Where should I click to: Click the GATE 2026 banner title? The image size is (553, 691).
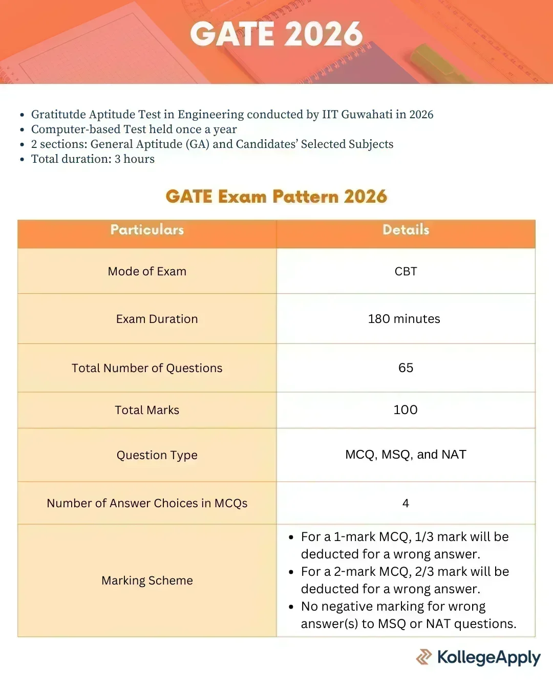[276, 35]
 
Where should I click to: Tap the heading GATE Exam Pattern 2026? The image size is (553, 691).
[276, 197]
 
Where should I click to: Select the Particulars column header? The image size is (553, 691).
[147, 230]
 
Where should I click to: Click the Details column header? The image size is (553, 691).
[406, 230]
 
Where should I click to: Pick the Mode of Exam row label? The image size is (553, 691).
[147, 271]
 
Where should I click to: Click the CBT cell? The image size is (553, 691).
[406, 271]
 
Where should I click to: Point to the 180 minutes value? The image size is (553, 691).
[404, 319]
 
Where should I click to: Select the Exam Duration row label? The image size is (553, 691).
[157, 319]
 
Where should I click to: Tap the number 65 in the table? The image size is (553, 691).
[406, 368]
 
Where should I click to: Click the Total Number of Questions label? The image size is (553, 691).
[147, 368]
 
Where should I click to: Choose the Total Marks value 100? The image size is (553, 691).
[406, 409]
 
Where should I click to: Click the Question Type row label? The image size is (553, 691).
[157, 455]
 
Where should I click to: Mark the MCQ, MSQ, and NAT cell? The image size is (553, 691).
[406, 455]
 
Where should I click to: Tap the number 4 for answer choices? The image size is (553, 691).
[406, 503]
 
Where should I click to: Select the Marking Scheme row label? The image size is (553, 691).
[147, 580]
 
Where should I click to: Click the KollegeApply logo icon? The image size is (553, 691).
[423, 657]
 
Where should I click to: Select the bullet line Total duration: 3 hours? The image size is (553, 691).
[93, 159]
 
